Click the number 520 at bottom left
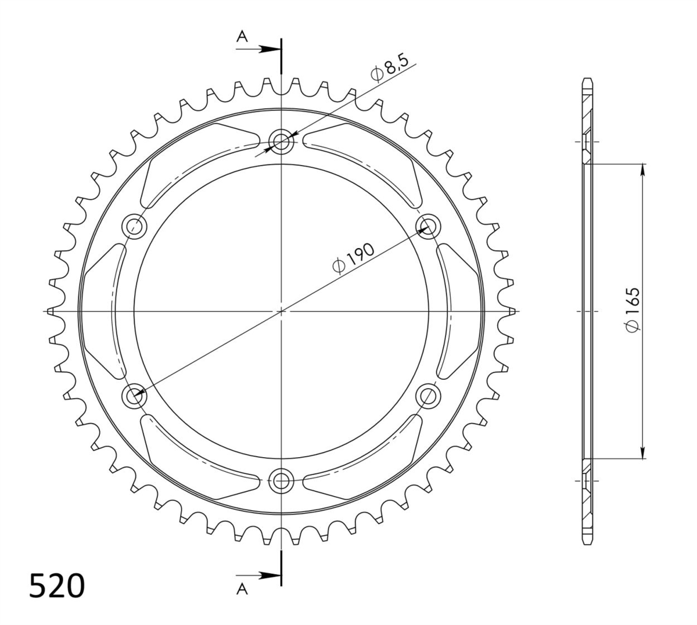57,586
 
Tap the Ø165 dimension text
633,310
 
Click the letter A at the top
242,36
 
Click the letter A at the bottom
242,590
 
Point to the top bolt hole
281,141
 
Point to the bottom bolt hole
281,481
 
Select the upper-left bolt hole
134,227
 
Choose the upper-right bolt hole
428,226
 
